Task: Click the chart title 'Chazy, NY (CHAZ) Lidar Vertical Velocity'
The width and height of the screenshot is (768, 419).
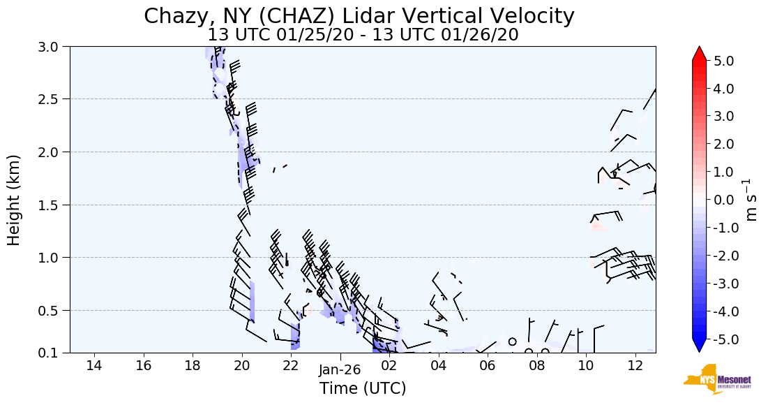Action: coord(359,16)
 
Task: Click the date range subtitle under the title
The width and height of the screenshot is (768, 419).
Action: coord(363,34)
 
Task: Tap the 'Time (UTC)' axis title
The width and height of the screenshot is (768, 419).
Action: coord(363,389)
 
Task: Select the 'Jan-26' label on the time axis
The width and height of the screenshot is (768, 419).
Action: coord(340,370)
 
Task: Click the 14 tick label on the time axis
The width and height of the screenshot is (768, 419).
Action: coord(94,365)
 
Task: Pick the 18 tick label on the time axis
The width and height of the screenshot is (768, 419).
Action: coord(193,365)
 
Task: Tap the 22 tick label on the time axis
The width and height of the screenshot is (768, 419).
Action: coord(291,365)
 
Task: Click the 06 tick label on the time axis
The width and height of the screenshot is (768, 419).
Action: coord(488,365)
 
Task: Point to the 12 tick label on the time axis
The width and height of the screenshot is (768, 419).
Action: coord(635,365)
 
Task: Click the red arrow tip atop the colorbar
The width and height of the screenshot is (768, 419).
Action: coord(700,52)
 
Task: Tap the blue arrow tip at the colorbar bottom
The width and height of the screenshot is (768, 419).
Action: coord(700,346)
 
